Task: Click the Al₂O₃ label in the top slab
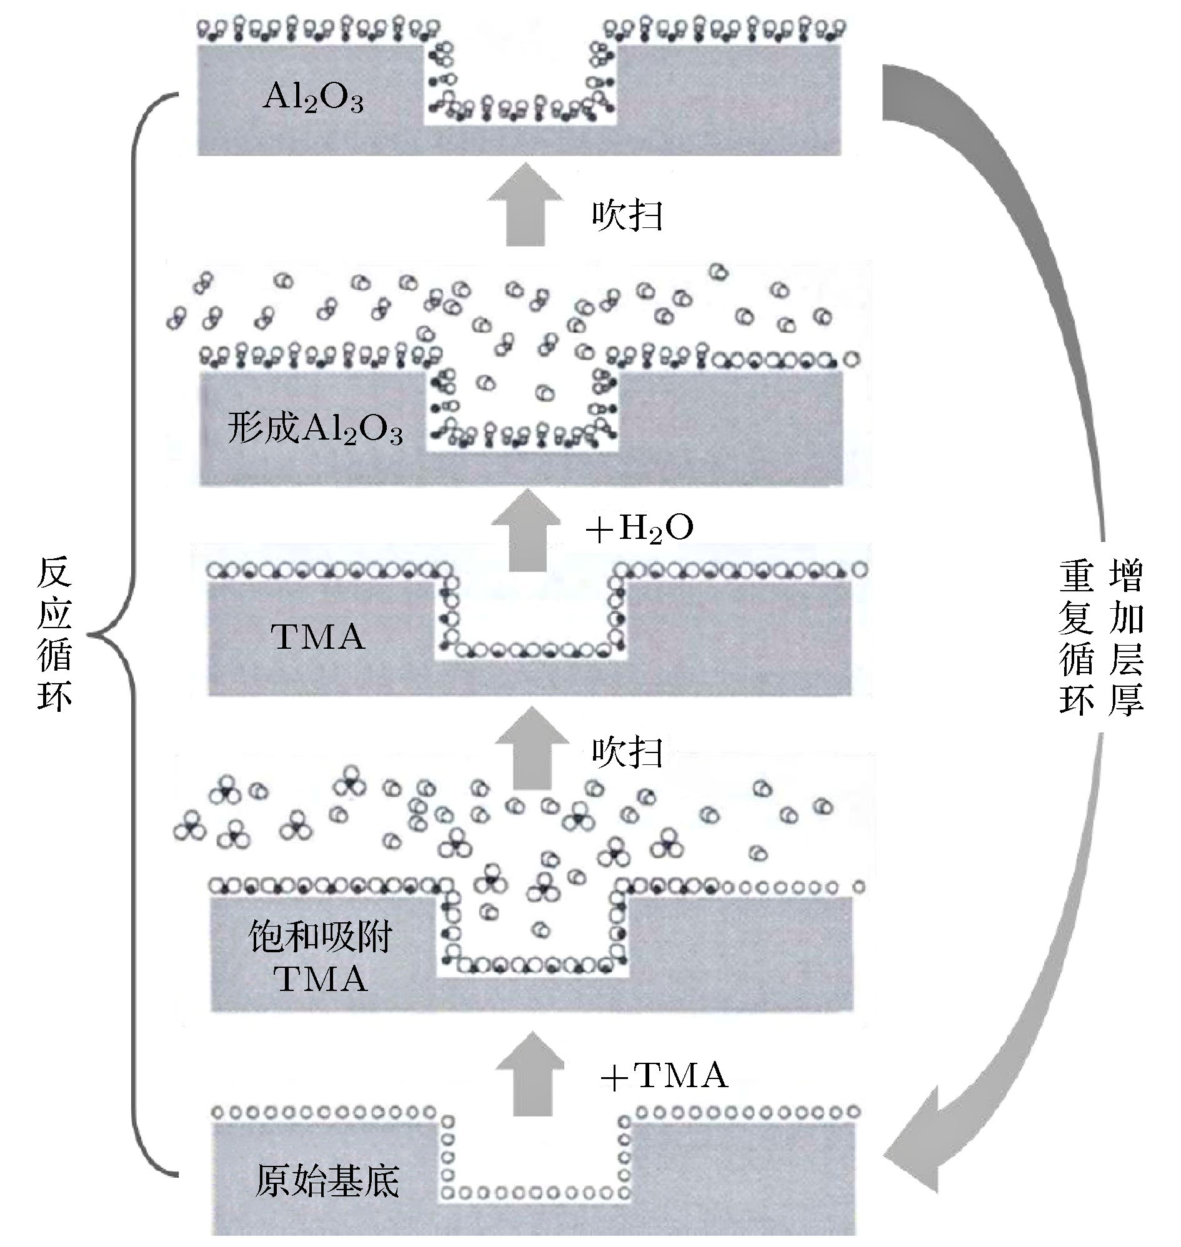(313, 98)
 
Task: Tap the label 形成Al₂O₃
(315, 430)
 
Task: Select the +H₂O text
(640, 528)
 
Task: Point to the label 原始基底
(327, 1181)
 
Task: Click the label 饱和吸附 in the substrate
(321, 937)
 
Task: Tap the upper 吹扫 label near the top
(627, 216)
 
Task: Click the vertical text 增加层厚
(1126, 638)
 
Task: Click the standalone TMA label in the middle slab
(318, 637)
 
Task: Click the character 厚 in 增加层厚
(1126, 698)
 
